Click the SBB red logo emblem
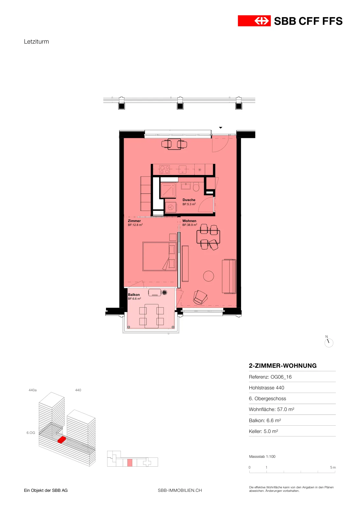pos(254,21)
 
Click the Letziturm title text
pos(36,42)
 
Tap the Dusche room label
pos(189,200)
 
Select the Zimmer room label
pos(134,221)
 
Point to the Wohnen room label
pos(189,221)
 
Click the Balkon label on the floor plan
pos(134,295)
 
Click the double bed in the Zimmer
pos(160,256)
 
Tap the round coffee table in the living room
pos(208,276)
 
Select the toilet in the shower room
pos(196,187)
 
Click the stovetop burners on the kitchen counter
pos(165,169)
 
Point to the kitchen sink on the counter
pos(182,169)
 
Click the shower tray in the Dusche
pos(168,190)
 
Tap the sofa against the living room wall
pos(229,276)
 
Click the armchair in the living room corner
pos(200,297)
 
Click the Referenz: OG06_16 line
pos(270,377)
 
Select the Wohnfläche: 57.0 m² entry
pos(271,409)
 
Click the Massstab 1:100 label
pos(262,457)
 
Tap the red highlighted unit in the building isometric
pos(62,439)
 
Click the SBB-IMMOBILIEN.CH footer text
pos(180,490)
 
